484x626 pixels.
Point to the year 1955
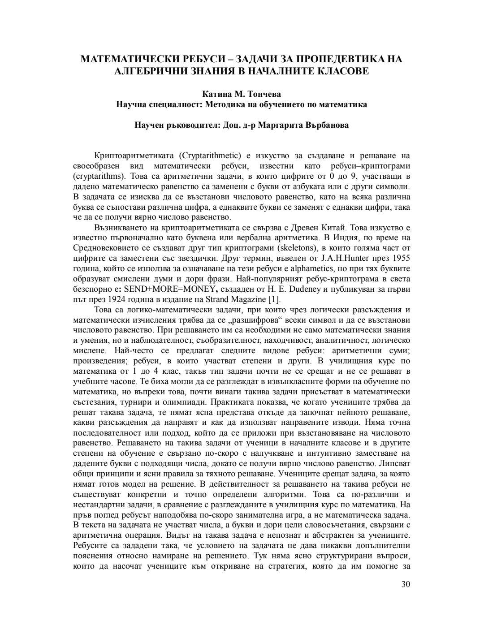[x=401, y=258]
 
